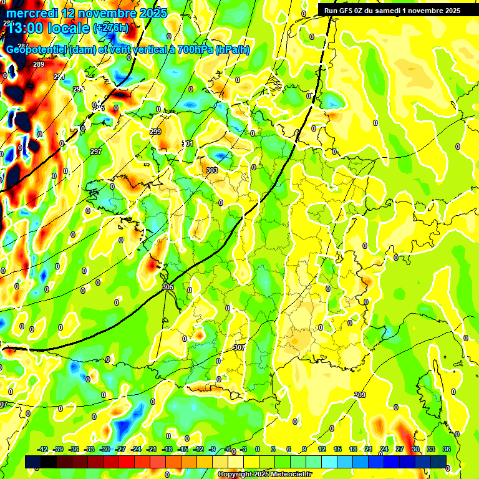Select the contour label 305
point(167,287)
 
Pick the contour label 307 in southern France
point(239,347)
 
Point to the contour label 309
point(359,395)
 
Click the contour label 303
point(211,170)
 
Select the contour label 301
point(187,143)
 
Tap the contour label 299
point(155,132)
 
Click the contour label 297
point(95,152)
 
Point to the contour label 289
point(39,64)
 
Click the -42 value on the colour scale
point(43,449)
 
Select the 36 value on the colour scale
point(447,449)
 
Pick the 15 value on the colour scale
point(337,449)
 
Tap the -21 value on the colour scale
point(152,449)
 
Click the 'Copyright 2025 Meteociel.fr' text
point(264,474)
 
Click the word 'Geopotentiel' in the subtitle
point(36,50)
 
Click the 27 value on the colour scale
point(400,449)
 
